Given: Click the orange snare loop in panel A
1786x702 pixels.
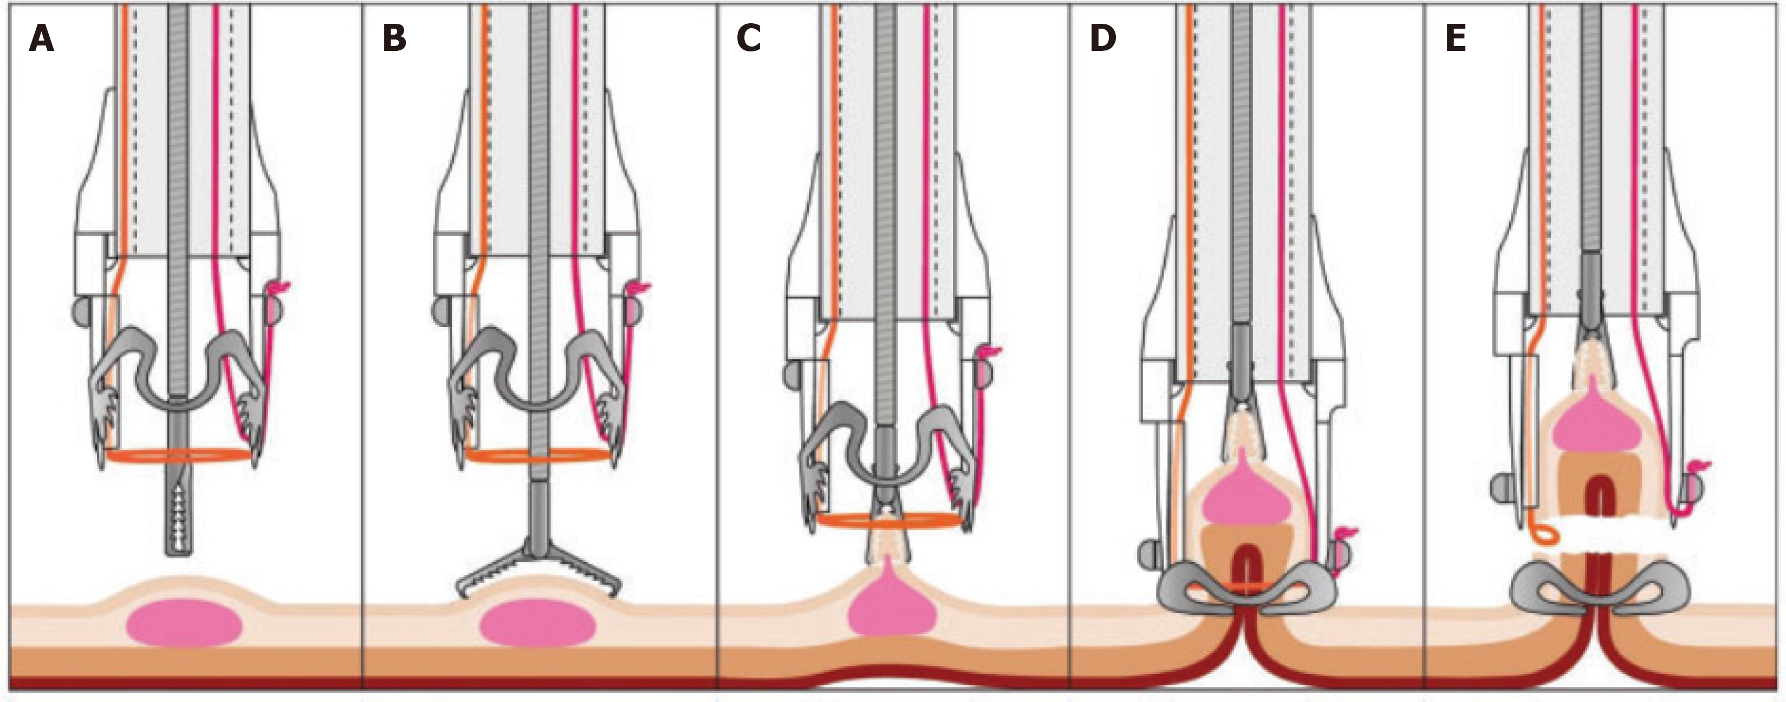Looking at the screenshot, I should [179, 456].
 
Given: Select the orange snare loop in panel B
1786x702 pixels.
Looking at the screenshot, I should [538, 455].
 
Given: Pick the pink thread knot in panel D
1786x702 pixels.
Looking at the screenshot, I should [1347, 533].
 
